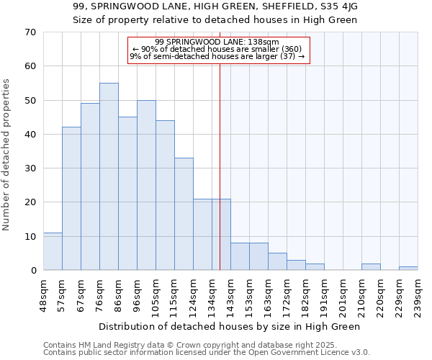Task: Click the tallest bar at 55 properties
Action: coord(109,176)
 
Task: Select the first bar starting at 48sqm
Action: coord(53,251)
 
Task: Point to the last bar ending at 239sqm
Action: coord(408,269)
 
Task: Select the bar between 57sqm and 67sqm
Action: coord(71,199)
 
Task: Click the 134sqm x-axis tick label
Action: coord(212,295)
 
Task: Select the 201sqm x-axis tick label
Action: coord(343,295)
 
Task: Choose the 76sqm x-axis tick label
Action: coord(99,295)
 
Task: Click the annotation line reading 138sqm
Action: coord(218,42)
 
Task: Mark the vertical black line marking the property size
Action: coord(220,180)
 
